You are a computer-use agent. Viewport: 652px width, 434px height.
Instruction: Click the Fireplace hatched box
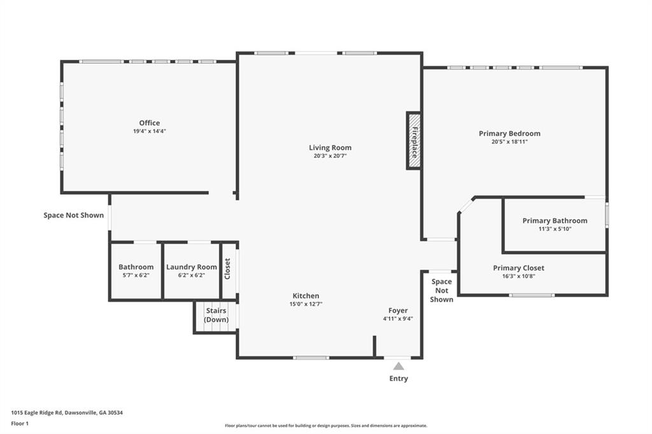(414, 141)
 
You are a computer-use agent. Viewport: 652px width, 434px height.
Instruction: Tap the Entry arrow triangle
(399, 366)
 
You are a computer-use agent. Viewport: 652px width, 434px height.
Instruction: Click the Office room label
(150, 123)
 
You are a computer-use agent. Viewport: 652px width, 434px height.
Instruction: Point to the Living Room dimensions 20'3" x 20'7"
(330, 156)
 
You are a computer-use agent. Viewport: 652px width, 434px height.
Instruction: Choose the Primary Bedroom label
(509, 134)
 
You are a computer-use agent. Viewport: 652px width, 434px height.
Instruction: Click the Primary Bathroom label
(555, 221)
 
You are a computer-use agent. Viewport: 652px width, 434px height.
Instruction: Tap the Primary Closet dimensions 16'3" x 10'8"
(518, 276)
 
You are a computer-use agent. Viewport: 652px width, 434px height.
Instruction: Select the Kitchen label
(306, 296)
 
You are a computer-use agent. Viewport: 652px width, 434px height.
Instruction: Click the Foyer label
(398, 311)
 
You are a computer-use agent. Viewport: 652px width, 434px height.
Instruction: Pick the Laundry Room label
(191, 267)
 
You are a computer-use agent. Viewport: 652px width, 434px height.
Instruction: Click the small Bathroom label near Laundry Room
(136, 267)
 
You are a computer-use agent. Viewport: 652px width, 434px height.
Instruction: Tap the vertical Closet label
(227, 269)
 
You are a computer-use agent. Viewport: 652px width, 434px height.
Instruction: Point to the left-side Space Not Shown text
(73, 215)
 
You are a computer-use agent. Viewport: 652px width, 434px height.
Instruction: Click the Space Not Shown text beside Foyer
(441, 290)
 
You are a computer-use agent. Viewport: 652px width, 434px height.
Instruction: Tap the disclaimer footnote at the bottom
(325, 426)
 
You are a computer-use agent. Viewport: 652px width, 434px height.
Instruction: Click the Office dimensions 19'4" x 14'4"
(150, 131)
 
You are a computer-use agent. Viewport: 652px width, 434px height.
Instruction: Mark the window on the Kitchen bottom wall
(311, 358)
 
